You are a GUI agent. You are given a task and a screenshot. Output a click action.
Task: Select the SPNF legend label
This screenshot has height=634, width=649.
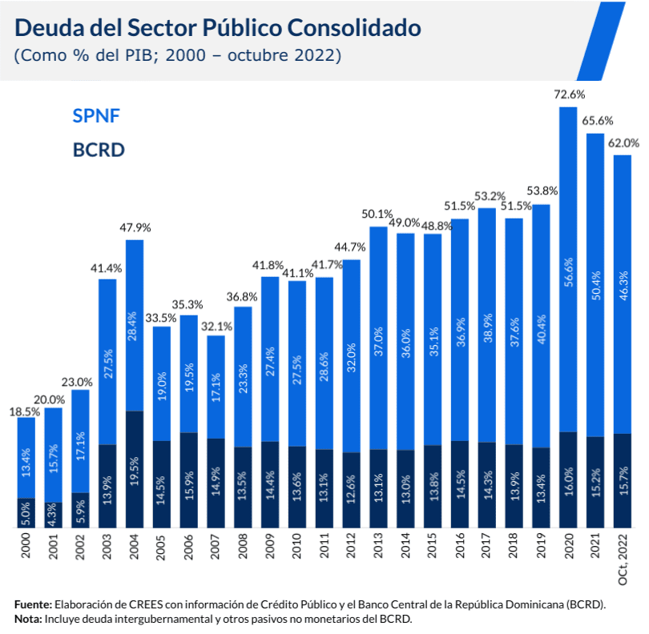96,116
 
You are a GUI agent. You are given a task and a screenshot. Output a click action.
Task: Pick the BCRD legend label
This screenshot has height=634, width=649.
99,150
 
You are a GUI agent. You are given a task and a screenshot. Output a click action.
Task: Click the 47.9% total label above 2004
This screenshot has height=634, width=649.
135,227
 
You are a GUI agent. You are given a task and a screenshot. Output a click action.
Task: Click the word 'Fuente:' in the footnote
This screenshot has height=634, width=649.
34,604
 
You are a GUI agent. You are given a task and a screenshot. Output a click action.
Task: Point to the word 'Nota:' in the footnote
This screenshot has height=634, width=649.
29,619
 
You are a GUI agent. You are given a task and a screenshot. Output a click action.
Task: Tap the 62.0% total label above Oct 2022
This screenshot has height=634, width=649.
623,143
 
